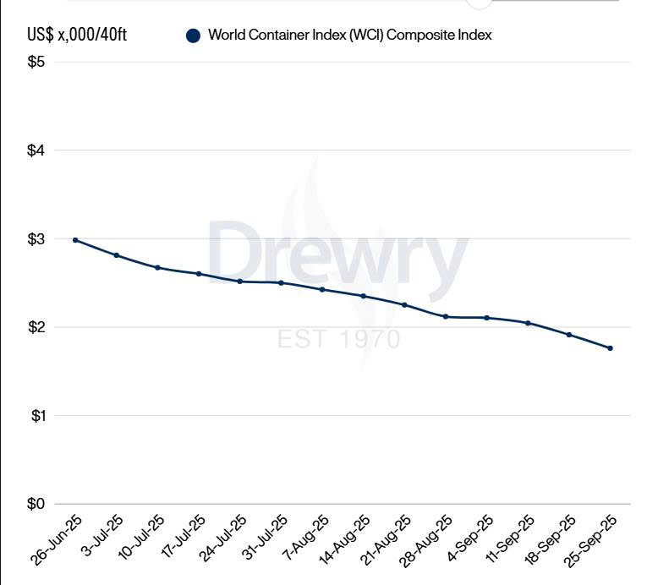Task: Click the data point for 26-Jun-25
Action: click(75, 240)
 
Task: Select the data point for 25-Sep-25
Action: click(610, 348)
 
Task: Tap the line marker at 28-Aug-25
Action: click(446, 317)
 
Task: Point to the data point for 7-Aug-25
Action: click(322, 289)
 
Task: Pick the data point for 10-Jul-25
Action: click(157, 267)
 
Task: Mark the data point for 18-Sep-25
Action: click(569, 335)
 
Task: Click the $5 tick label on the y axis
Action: click(36, 63)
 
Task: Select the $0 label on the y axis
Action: click(36, 504)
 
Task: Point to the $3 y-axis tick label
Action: click(36, 239)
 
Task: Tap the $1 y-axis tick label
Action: click(36, 415)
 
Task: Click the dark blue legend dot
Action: click(193, 36)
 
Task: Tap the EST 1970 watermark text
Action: click(338, 340)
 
